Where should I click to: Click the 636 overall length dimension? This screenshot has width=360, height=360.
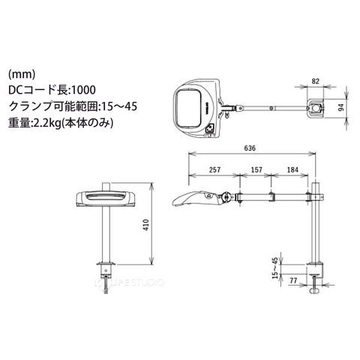click(x=250, y=148)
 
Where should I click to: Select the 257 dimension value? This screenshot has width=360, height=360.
click(x=214, y=169)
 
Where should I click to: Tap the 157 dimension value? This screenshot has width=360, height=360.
click(x=256, y=169)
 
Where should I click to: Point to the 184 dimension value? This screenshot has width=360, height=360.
click(x=292, y=169)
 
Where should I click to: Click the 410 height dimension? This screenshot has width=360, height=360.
click(x=145, y=225)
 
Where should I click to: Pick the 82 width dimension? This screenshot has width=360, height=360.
click(x=316, y=81)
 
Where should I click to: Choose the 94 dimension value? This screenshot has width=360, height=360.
click(x=341, y=107)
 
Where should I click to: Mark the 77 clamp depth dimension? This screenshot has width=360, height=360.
click(x=293, y=280)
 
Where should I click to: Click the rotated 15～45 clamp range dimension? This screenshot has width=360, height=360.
click(x=274, y=268)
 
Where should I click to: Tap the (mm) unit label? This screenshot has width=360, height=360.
click(x=22, y=73)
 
